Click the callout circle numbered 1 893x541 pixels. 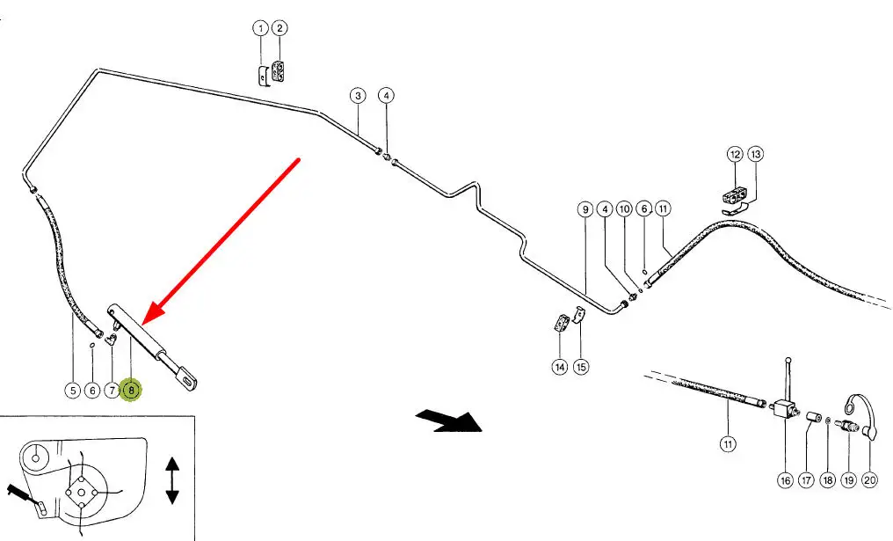click(x=260, y=28)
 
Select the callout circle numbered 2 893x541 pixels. click(x=280, y=28)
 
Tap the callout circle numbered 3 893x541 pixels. click(x=357, y=95)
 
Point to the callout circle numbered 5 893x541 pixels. click(x=71, y=389)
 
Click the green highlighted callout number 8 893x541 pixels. click(x=131, y=389)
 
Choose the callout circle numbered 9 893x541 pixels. click(x=584, y=209)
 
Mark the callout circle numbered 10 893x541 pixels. click(x=624, y=209)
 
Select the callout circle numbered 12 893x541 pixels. click(x=735, y=154)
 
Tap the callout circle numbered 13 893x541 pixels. click(x=756, y=154)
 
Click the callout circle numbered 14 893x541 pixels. click(x=559, y=367)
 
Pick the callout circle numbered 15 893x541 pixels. click(x=580, y=367)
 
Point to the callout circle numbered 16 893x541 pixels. click(x=784, y=480)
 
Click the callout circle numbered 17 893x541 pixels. click(x=806, y=480)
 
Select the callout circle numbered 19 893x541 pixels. click(x=848, y=480)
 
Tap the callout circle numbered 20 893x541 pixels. click(x=869, y=480)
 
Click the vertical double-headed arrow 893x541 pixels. click(x=172, y=480)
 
